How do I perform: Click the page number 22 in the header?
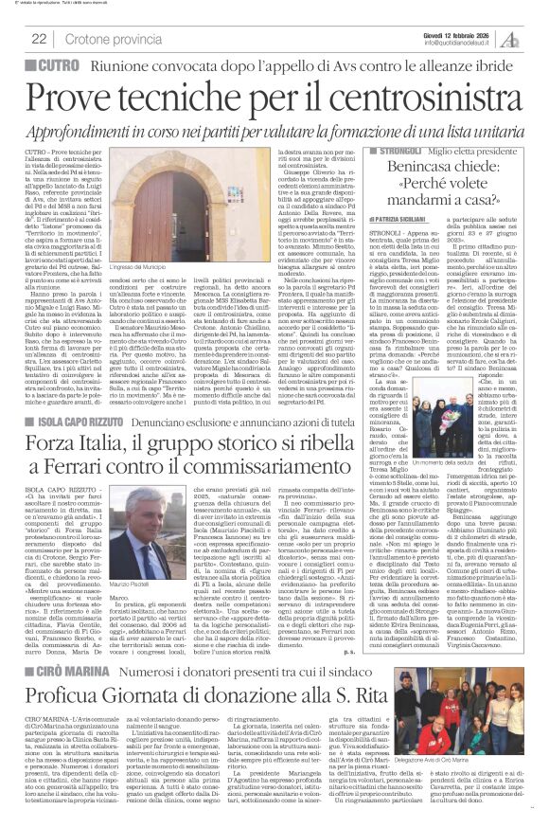[39, 38]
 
